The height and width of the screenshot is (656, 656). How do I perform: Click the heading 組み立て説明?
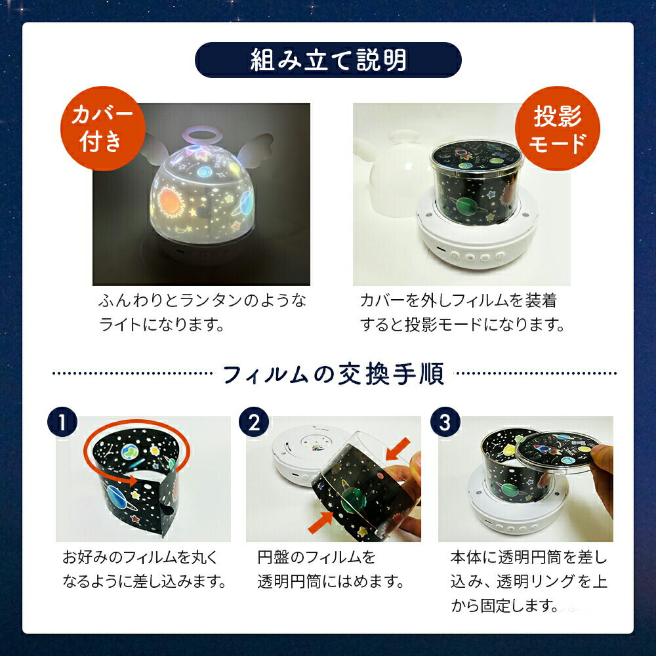328,60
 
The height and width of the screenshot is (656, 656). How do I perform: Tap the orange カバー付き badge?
102,128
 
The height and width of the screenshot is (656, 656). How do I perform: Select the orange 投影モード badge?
557,129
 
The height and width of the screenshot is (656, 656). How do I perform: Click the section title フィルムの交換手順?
333,374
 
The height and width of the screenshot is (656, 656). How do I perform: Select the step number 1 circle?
62,422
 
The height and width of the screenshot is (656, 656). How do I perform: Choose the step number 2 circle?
253,422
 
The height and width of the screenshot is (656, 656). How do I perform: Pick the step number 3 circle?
445,422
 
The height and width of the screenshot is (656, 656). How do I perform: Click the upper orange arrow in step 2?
398,448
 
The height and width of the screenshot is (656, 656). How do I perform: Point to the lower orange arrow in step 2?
321,522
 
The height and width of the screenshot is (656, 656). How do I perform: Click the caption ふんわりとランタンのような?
203,300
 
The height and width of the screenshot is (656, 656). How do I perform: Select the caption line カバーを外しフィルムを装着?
458,300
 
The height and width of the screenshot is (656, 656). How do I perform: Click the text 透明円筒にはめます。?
331,581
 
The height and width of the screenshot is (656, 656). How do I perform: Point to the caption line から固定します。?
505,605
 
